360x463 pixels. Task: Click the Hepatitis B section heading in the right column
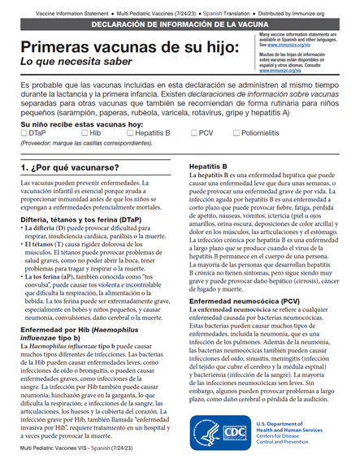208,167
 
